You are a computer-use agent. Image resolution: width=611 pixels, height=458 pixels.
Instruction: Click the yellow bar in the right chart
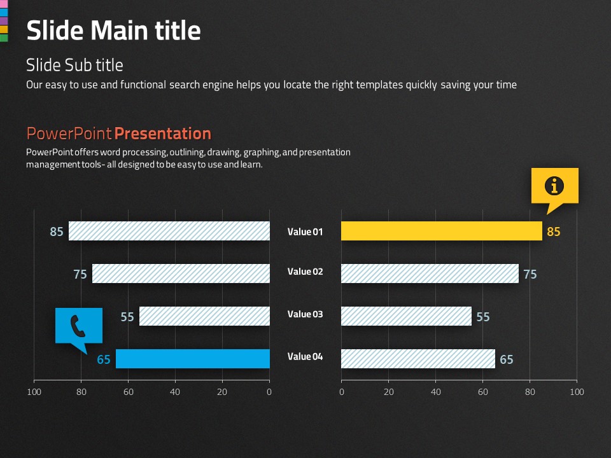[441, 231]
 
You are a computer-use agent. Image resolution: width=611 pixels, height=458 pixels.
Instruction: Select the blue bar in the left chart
[192, 359]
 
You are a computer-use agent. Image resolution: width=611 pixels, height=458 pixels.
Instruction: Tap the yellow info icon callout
[555, 186]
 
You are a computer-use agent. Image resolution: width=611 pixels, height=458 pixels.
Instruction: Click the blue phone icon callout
[78, 326]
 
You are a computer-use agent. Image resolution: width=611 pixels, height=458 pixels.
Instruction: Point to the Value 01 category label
[305, 232]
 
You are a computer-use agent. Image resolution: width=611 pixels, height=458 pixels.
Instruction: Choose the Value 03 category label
[305, 314]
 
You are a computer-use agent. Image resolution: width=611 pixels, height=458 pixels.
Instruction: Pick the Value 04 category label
[305, 357]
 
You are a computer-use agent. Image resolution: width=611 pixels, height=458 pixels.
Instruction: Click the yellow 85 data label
[554, 232]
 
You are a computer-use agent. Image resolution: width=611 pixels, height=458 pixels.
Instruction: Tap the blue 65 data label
[104, 360]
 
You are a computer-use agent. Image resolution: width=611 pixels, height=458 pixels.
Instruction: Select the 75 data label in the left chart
[80, 275]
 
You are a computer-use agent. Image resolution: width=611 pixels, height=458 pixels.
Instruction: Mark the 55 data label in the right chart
[483, 317]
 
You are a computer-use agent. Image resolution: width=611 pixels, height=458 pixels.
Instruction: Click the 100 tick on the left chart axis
[34, 392]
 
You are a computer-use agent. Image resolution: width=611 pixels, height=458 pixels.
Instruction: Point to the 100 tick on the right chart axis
[577, 392]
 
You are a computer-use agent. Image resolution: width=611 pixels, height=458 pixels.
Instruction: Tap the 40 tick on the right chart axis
[436, 392]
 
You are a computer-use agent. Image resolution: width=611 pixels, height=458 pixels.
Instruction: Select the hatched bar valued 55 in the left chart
[204, 316]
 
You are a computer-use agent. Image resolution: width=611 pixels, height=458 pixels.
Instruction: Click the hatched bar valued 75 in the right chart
[430, 274]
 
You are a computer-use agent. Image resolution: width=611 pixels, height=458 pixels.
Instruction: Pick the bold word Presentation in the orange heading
[162, 134]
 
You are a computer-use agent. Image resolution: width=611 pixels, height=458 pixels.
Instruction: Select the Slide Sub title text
[74, 65]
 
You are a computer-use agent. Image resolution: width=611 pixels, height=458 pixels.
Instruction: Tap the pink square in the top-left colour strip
[3, 3]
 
